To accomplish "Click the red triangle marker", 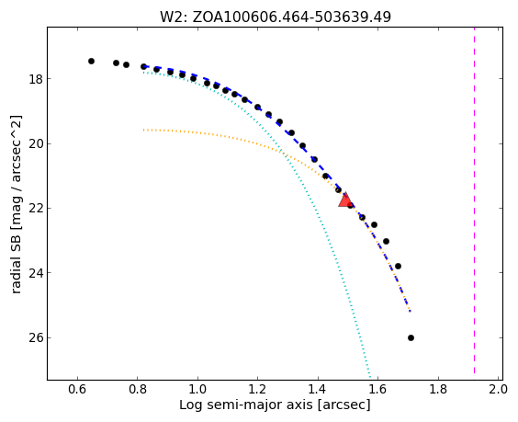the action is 345,200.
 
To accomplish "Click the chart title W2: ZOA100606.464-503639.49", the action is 276,17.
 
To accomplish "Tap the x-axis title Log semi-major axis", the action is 275,405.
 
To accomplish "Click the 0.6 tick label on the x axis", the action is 77,389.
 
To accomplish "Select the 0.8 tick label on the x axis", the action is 138,389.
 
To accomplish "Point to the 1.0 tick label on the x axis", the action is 197,389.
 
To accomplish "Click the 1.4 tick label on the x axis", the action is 318,389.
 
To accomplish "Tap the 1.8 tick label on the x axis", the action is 438,389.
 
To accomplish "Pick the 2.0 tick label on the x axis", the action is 498,389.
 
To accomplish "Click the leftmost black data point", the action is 91,62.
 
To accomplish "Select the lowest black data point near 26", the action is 411,337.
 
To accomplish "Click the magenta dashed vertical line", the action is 475,200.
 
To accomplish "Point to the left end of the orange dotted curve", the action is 143,130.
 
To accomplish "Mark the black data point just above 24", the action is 398,266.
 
